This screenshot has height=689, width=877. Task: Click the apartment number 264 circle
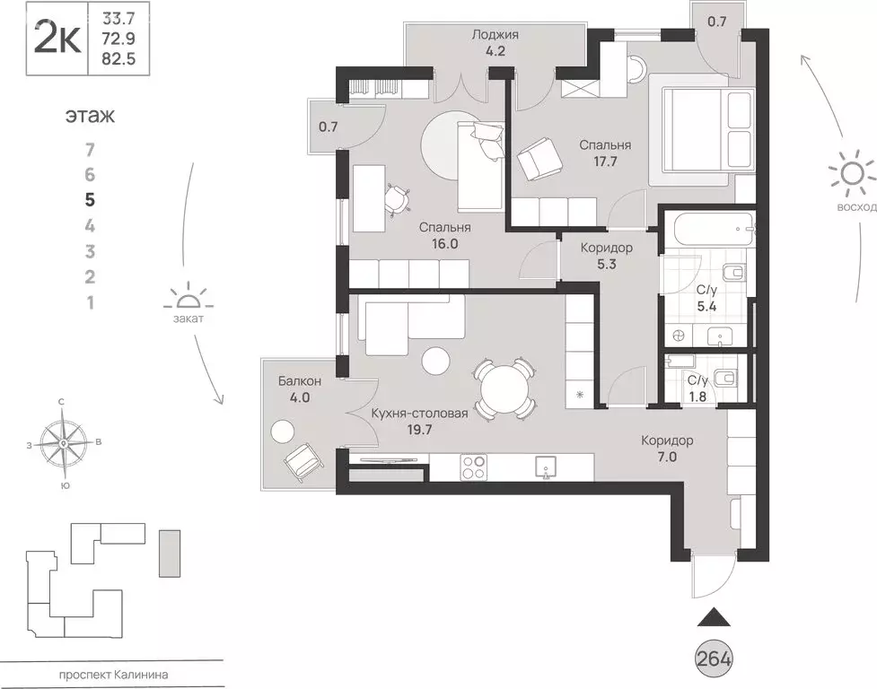[x=714, y=659]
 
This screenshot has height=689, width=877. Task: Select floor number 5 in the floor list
[x=89, y=200]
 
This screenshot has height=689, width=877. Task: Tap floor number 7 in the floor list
[x=89, y=149]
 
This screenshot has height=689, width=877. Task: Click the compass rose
[x=66, y=442]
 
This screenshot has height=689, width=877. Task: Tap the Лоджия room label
[x=496, y=35]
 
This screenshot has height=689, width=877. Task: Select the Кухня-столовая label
[x=419, y=414]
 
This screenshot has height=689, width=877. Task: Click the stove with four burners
[x=473, y=467]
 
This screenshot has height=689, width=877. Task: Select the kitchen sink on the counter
[x=545, y=467]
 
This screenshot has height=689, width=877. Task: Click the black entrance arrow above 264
[x=714, y=616]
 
